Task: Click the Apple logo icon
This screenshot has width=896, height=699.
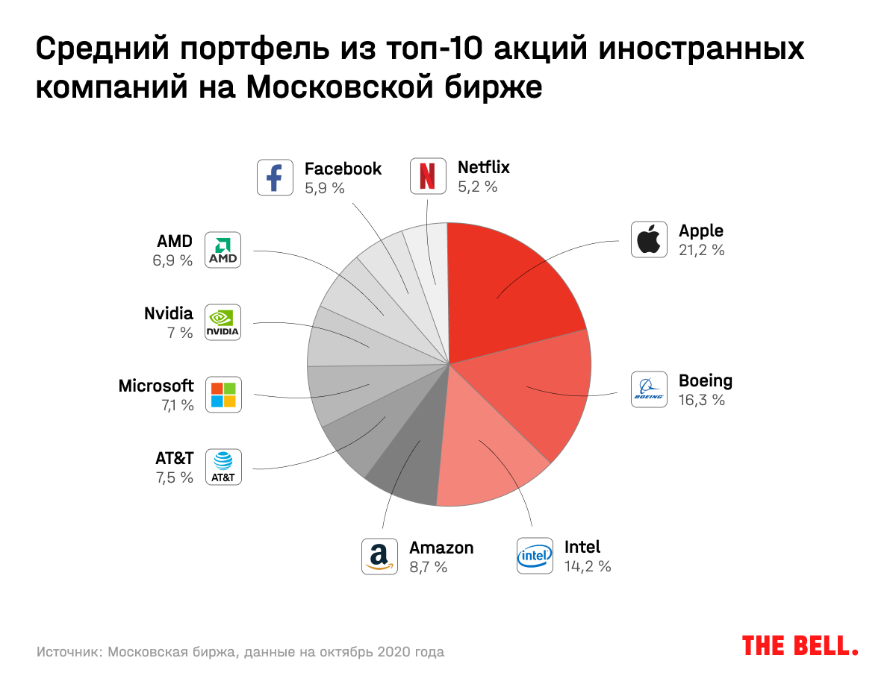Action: tap(649, 239)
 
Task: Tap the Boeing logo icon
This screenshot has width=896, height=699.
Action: tap(649, 389)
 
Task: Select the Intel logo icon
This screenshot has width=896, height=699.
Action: tap(535, 556)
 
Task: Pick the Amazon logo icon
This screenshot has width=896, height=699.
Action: tap(380, 556)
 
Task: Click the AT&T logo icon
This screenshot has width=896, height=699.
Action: tap(223, 467)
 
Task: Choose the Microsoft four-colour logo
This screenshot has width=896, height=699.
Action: tap(223, 395)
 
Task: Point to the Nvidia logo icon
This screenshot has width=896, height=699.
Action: tap(223, 322)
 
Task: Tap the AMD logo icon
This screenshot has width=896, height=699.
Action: tap(223, 249)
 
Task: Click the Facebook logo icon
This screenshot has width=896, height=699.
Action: tap(276, 178)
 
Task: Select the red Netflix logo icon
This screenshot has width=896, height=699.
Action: tap(428, 177)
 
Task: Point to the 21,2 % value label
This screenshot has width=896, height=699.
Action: tap(702, 251)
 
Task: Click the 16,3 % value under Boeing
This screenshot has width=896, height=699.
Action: tap(702, 400)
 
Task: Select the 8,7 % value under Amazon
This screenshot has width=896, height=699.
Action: tap(429, 567)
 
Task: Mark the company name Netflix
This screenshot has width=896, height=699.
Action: tap(484, 167)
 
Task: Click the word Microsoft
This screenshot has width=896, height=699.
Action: tap(156, 386)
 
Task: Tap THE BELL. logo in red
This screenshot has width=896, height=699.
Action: tap(800, 646)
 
